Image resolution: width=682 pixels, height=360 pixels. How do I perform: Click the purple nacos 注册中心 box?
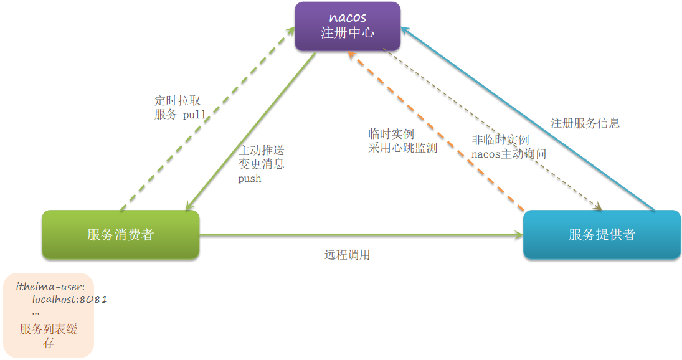(x=347, y=26)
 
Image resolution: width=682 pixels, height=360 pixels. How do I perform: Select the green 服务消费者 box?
(x=120, y=235)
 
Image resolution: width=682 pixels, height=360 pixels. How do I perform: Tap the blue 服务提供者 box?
(x=602, y=235)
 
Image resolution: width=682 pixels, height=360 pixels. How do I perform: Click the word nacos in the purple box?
(x=348, y=17)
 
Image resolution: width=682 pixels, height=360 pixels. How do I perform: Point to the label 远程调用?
(x=348, y=255)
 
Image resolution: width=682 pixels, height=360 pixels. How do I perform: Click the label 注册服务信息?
(x=585, y=123)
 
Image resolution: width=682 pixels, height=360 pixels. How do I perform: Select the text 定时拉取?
(x=178, y=101)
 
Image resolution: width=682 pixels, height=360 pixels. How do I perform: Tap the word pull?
(x=194, y=115)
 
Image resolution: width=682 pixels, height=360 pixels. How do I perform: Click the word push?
(x=250, y=179)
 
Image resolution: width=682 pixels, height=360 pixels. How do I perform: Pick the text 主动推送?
(x=262, y=150)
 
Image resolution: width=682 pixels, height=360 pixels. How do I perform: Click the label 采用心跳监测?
(x=402, y=148)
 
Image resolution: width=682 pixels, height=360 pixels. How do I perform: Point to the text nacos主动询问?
(x=508, y=154)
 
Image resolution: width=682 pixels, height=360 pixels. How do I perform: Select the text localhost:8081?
(x=70, y=300)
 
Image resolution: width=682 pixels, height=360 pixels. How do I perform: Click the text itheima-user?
(x=55, y=287)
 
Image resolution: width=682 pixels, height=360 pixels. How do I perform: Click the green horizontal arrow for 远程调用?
(x=361, y=235)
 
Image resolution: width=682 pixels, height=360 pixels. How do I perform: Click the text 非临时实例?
(x=501, y=140)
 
